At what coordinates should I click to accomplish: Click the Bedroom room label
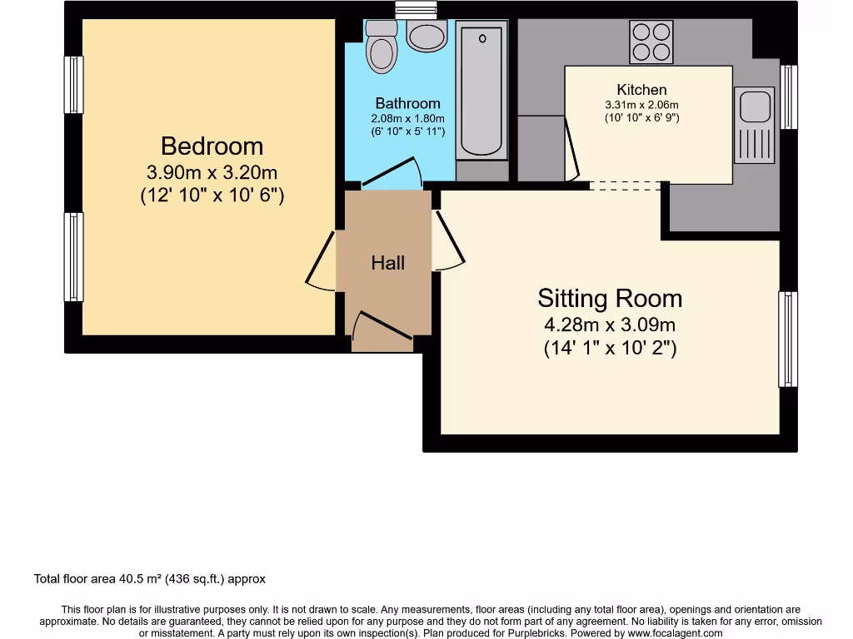click(x=212, y=146)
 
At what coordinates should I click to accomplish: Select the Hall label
click(x=388, y=263)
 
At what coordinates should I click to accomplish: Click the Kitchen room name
click(x=641, y=90)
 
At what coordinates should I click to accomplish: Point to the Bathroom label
click(x=407, y=104)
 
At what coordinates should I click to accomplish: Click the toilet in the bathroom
click(x=382, y=46)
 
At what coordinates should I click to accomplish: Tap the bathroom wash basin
click(x=427, y=36)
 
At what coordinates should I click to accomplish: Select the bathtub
click(x=481, y=92)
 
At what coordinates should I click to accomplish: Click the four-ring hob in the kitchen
click(x=651, y=42)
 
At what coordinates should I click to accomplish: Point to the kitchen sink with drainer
click(x=755, y=125)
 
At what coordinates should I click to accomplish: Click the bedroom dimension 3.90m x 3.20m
click(x=212, y=173)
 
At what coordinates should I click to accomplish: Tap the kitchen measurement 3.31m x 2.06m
click(x=641, y=105)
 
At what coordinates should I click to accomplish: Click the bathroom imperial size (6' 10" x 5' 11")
click(x=407, y=131)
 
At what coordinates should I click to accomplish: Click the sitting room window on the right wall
click(x=787, y=339)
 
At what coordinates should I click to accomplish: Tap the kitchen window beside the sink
click(x=789, y=97)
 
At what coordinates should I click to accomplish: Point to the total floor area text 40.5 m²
click(x=149, y=578)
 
